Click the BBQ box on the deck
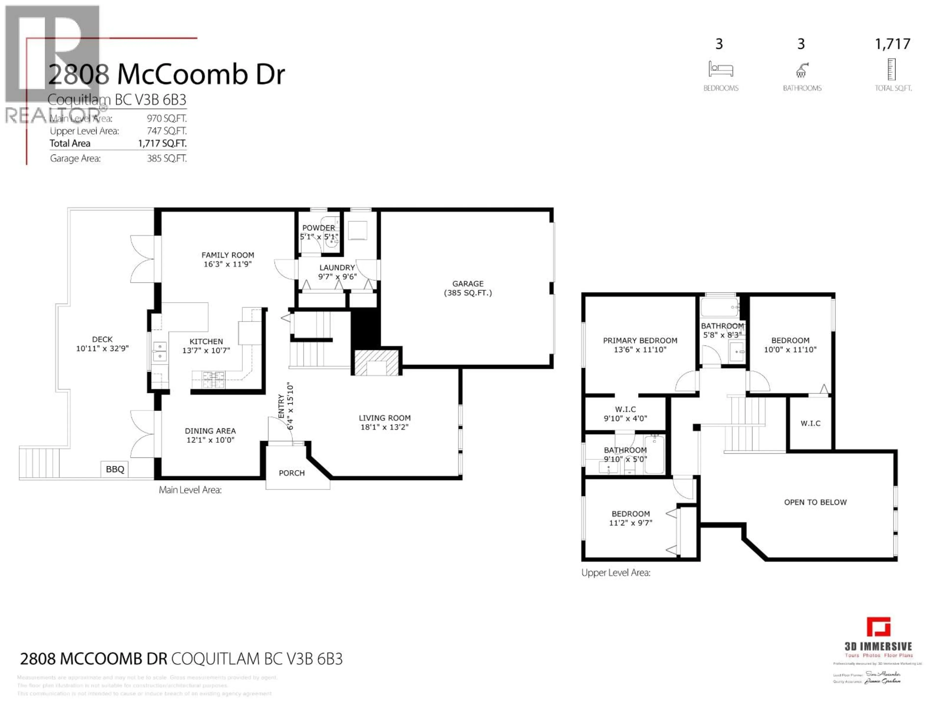coord(115,469)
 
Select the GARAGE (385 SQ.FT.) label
coord(468,288)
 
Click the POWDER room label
coord(319,228)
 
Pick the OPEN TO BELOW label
coord(815,502)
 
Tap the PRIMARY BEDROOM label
coord(640,345)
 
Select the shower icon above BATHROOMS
coord(801,70)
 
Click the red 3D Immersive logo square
coord(878,627)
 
